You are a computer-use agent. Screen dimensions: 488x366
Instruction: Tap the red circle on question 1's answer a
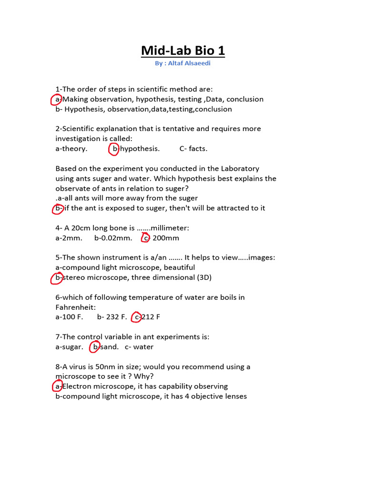coord(57,99)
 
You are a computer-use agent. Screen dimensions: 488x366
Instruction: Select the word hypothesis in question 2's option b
coord(140,149)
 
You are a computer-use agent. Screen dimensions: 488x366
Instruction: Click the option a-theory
coord(71,149)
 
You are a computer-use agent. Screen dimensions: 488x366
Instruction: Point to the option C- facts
coord(193,149)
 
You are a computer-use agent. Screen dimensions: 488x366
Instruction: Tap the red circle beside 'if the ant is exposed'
coord(58,208)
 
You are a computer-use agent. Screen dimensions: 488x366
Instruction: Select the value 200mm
coord(166,238)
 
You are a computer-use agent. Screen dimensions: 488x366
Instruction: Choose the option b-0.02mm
coord(113,238)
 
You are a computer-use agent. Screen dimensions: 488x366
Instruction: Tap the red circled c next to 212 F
coord(137,317)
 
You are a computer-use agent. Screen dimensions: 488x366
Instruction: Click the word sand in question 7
coord(110,347)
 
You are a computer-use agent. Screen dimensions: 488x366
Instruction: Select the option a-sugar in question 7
coord(70,347)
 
